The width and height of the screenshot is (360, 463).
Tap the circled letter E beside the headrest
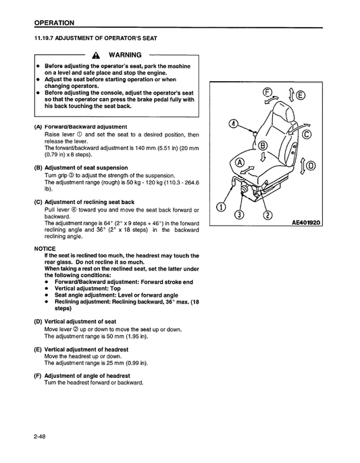click(299, 95)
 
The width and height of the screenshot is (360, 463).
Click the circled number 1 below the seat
click(220, 206)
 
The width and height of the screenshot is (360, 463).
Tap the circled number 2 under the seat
click(267, 215)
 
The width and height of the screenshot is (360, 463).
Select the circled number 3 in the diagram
click(238, 215)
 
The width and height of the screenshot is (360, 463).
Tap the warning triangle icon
click(97, 55)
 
